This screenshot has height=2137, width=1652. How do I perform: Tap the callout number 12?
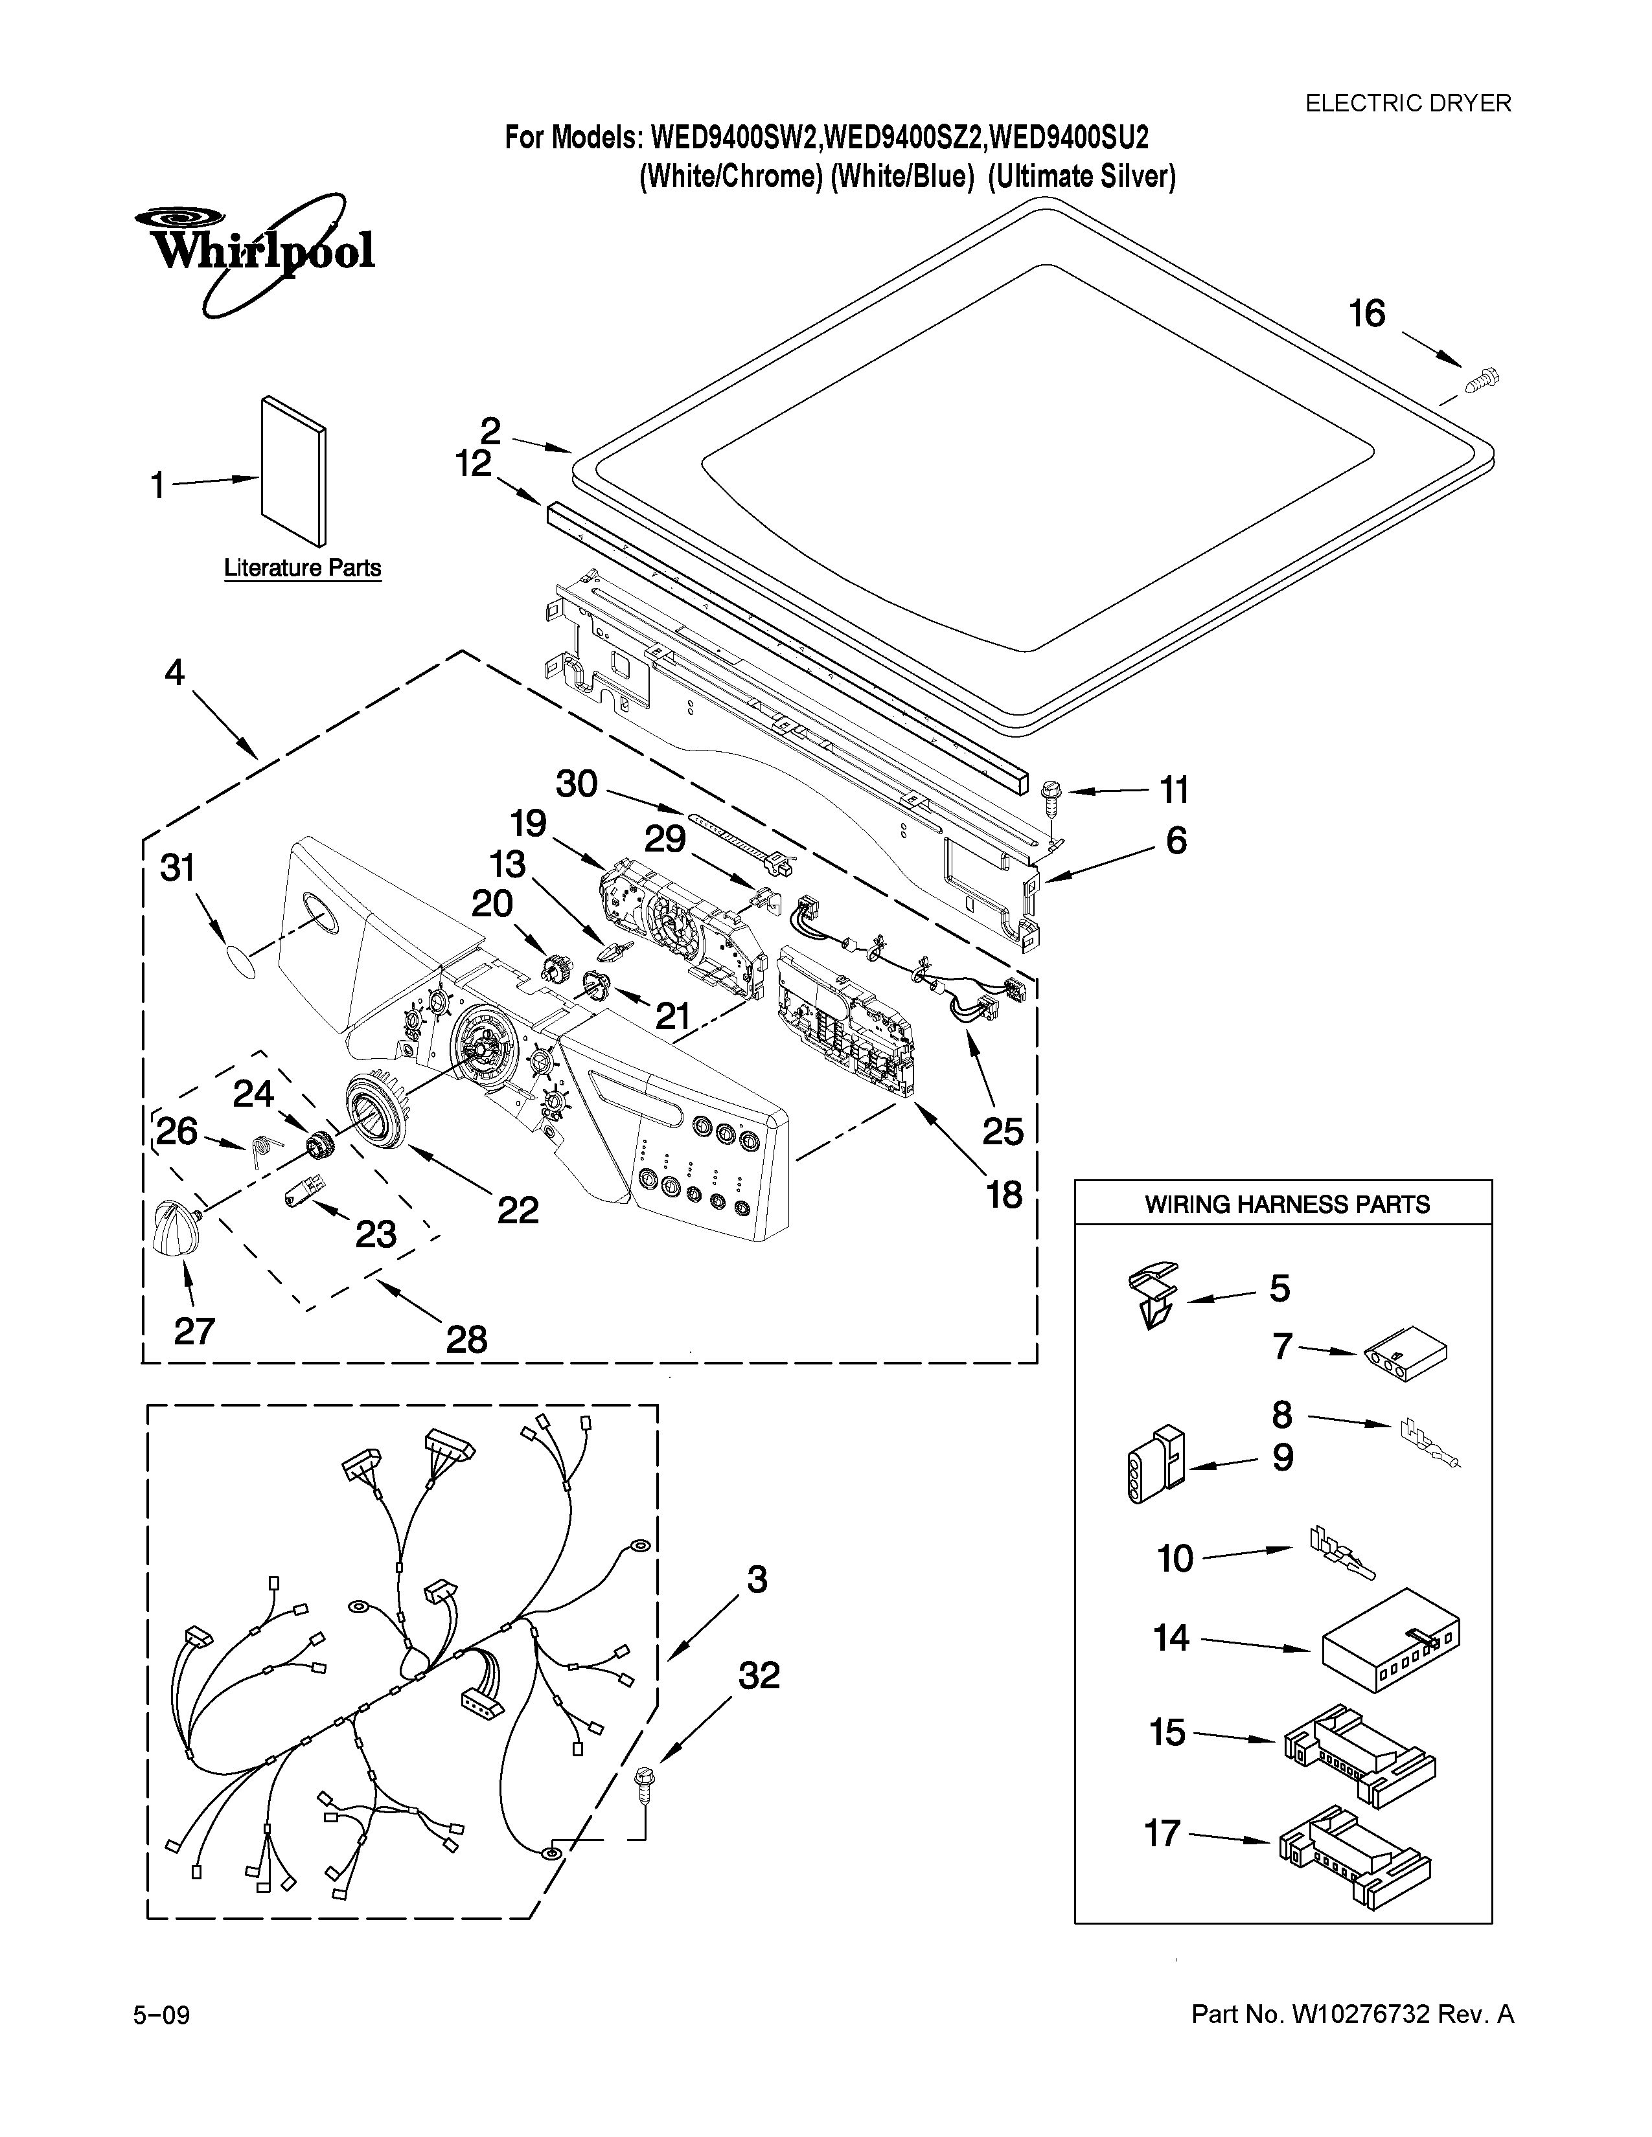473,463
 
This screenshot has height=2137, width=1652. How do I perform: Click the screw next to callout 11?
1051,791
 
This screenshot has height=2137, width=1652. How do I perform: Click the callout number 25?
1002,1131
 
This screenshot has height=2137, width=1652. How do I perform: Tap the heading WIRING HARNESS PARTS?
1287,1204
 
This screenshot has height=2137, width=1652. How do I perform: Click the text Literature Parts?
303,569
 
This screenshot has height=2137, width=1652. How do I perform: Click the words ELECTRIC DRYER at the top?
1408,103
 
